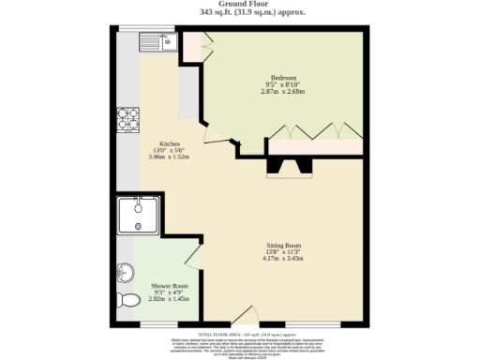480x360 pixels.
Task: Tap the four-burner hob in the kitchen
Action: point(127,119)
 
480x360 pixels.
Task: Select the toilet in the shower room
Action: point(126,300)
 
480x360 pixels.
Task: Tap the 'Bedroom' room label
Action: point(284,77)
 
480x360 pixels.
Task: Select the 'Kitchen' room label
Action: point(169,144)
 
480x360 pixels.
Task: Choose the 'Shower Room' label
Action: point(170,286)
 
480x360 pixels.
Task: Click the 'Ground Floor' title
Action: point(240,5)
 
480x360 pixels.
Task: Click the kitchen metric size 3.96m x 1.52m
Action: point(169,157)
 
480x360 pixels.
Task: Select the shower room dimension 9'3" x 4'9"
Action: point(170,292)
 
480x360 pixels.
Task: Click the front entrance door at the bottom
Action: point(245,317)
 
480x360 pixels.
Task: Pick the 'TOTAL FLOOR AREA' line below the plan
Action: point(240,333)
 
